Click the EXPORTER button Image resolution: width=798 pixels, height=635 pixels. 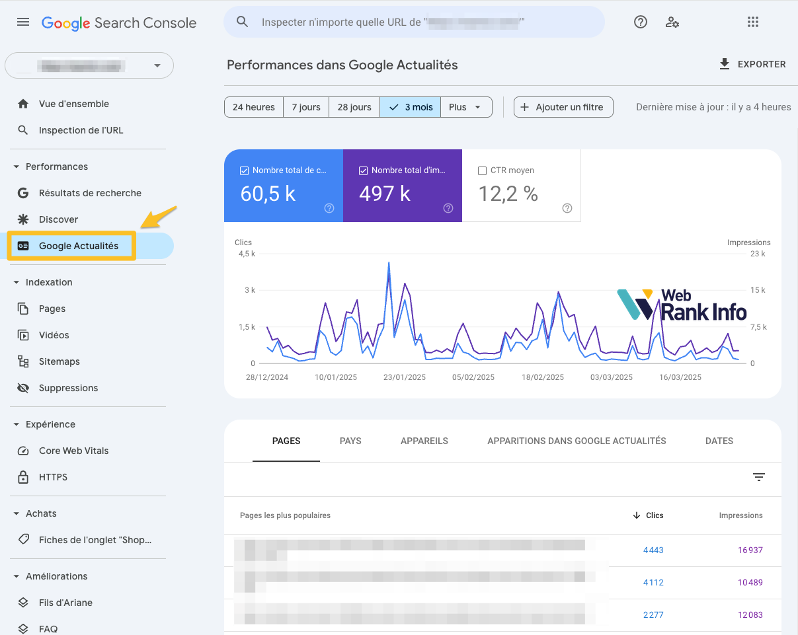[752, 64]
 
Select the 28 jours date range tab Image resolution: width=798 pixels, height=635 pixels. [354, 107]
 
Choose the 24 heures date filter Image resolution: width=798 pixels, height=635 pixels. [253, 107]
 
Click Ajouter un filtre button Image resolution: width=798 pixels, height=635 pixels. [563, 107]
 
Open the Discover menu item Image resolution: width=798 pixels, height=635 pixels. [58, 219]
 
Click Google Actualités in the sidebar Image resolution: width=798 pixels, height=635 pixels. [78, 246]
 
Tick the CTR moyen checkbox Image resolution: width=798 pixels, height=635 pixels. [482, 170]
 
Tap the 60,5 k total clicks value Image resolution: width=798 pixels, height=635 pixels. [268, 194]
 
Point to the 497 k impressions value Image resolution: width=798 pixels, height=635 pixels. [385, 194]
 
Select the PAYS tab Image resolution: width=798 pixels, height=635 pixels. [350, 441]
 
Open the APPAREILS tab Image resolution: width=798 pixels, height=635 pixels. [424, 441]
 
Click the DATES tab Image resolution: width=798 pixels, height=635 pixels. [719, 441]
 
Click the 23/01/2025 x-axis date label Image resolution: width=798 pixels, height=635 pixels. [405, 377]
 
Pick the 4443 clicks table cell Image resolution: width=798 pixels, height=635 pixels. [653, 550]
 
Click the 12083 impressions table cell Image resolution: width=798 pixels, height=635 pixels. [750, 615]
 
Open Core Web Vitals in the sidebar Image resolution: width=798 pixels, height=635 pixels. [73, 451]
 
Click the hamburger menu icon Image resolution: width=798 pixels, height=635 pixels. [23, 22]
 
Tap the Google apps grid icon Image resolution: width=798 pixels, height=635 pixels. [753, 22]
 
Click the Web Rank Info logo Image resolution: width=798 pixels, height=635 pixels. [682, 305]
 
